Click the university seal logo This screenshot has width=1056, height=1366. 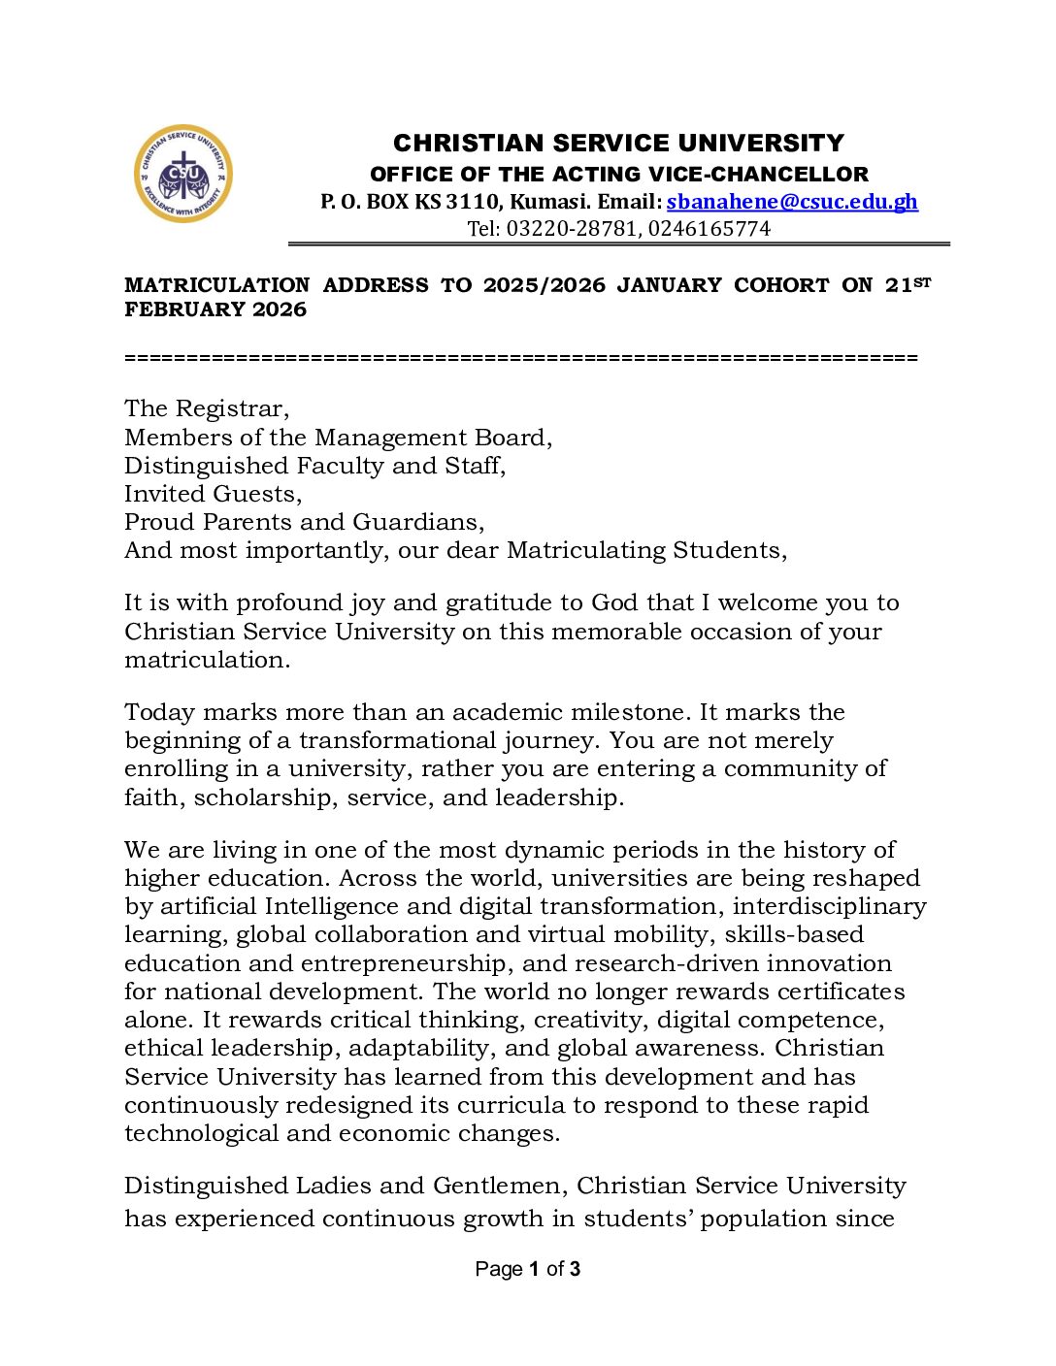[x=183, y=174]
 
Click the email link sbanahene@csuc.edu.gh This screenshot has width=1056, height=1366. [x=792, y=202]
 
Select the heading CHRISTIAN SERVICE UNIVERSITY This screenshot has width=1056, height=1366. [x=618, y=144]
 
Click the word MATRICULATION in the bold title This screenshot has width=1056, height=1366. [x=217, y=285]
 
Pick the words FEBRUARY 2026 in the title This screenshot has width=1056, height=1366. [x=215, y=309]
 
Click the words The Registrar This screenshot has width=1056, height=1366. [x=207, y=408]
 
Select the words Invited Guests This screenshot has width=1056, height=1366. [x=214, y=494]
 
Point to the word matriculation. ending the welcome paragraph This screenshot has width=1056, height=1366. [x=207, y=660]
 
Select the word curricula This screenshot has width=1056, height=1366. [x=511, y=1105]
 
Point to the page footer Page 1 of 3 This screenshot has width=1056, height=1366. [x=528, y=1269]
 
